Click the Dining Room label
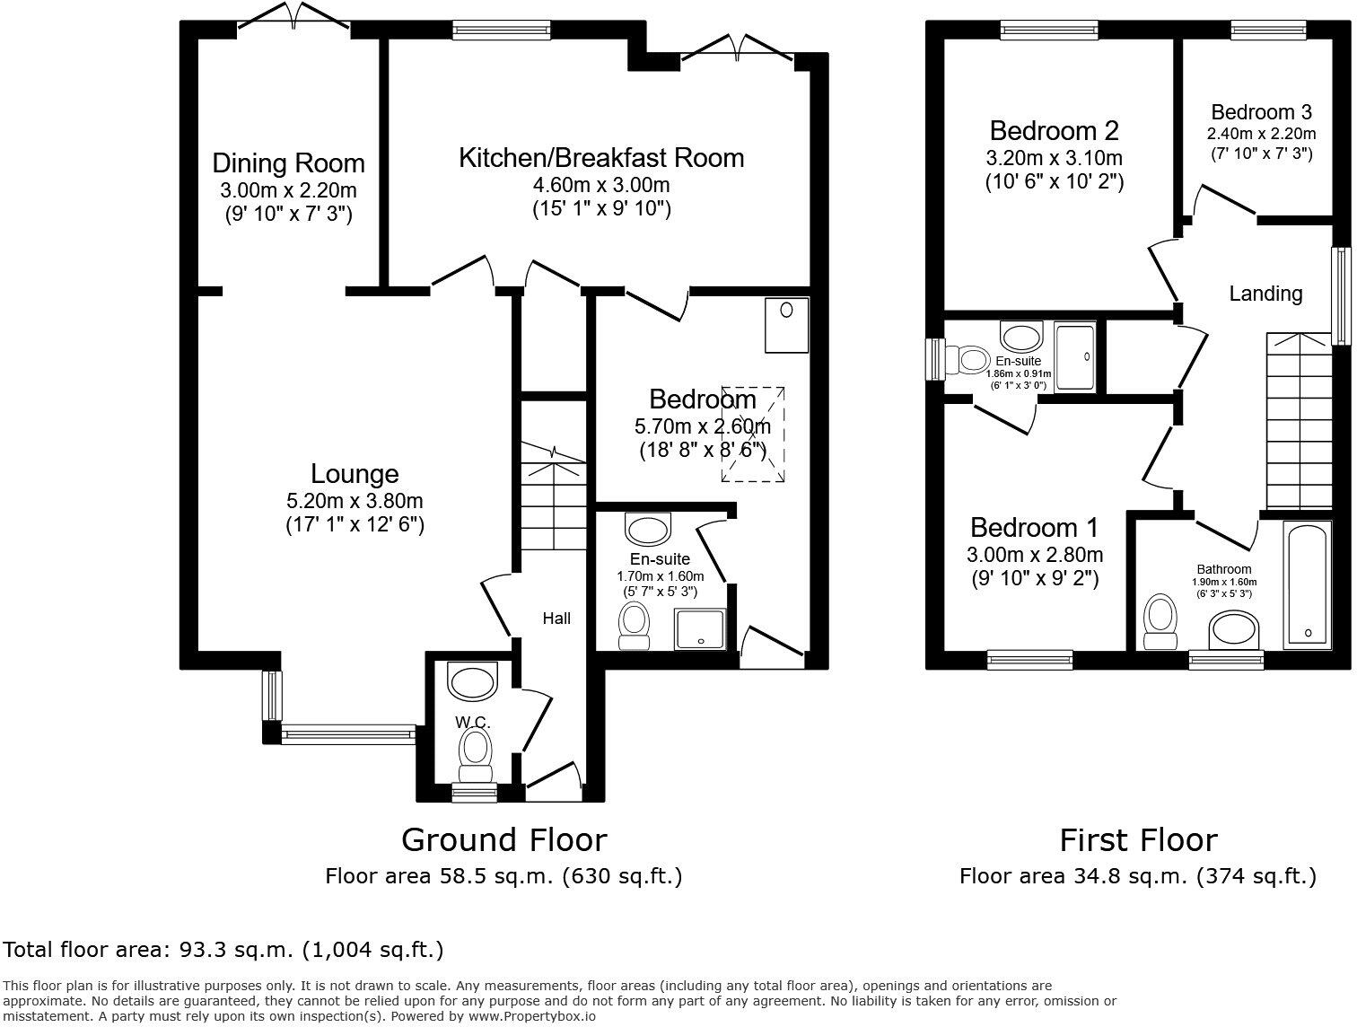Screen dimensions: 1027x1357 pos(288,163)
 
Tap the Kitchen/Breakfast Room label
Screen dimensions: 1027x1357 pos(601,158)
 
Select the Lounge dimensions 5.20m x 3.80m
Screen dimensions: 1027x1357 pos(355,501)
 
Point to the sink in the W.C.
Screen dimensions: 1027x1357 pos(472,680)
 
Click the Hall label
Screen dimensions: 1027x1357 pos(556,618)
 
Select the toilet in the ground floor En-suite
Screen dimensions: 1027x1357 pos(635,623)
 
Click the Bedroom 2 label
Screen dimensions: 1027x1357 pos(1054,131)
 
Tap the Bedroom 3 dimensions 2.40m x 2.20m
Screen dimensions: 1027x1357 pos(1261,134)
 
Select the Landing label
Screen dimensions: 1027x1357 pos(1265,294)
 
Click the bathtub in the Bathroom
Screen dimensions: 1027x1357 pos(1306,584)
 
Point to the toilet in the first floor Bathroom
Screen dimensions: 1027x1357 pos(1160,621)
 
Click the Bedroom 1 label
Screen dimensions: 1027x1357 pos(1034,527)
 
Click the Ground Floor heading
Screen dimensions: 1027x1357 pos(503,840)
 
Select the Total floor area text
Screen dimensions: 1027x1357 pos(223,949)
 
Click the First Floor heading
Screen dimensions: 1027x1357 pos(1137,840)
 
